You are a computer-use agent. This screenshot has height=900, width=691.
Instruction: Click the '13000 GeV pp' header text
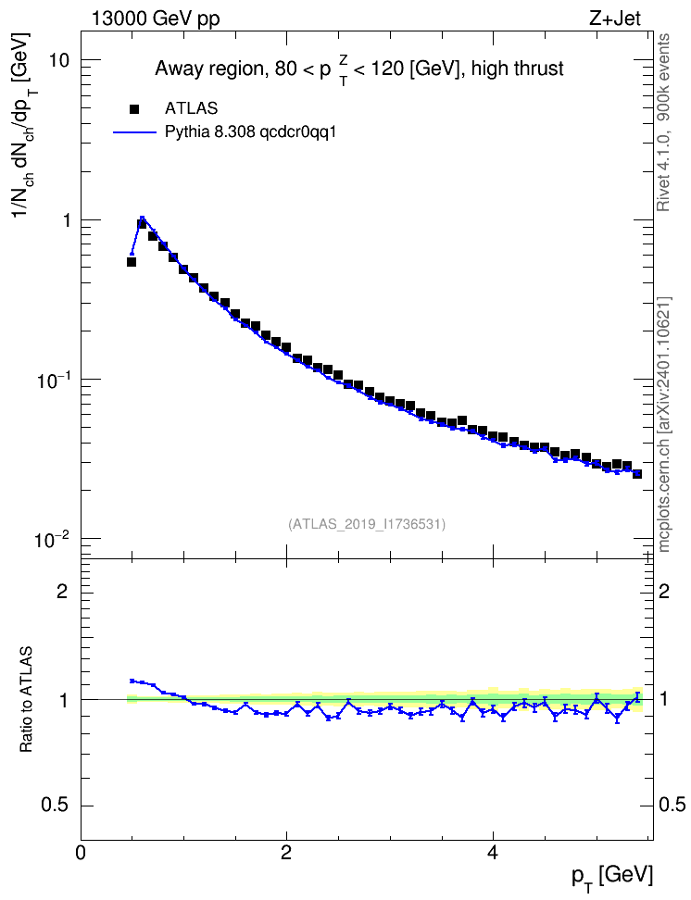(x=156, y=19)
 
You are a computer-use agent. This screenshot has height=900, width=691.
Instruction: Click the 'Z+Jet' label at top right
(x=614, y=19)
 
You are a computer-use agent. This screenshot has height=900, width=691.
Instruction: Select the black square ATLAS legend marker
(x=134, y=108)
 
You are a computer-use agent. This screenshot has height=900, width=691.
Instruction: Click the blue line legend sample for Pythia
(x=134, y=132)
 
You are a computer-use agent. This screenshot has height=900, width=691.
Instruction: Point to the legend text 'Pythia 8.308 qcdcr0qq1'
(x=250, y=132)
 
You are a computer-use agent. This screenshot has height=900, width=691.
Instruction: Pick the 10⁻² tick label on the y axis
(x=53, y=538)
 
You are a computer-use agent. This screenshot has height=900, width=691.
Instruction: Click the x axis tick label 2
(x=286, y=853)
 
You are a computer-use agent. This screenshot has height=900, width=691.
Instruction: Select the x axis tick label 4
(x=492, y=853)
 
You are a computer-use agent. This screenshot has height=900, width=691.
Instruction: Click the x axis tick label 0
(x=81, y=853)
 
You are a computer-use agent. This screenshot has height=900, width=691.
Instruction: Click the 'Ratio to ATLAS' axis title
(x=26, y=699)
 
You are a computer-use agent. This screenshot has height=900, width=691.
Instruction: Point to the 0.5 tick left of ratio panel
(x=56, y=806)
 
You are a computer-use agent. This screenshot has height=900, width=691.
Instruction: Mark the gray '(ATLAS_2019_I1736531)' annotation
(x=367, y=524)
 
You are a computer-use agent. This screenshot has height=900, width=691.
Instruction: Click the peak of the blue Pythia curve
(x=142, y=217)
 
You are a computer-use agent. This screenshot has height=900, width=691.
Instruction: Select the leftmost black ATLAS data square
(x=132, y=262)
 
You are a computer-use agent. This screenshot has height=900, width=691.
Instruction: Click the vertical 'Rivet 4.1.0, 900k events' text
(x=664, y=123)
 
